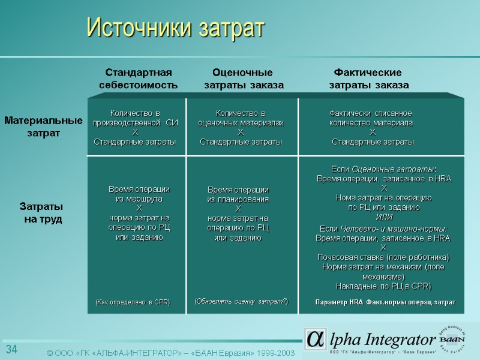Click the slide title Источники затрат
175,28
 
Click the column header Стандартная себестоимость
138,79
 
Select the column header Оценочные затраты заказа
243,79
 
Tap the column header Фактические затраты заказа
368,79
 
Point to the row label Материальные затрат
43,127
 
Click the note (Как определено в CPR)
133,302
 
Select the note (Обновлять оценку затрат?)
241,301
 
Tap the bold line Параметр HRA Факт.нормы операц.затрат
385,302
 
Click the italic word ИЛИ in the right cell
383,217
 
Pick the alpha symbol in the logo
314,340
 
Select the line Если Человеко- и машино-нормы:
383,229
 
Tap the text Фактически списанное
371,113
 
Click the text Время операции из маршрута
139,194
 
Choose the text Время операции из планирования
238,194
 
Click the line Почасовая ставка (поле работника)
383,257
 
